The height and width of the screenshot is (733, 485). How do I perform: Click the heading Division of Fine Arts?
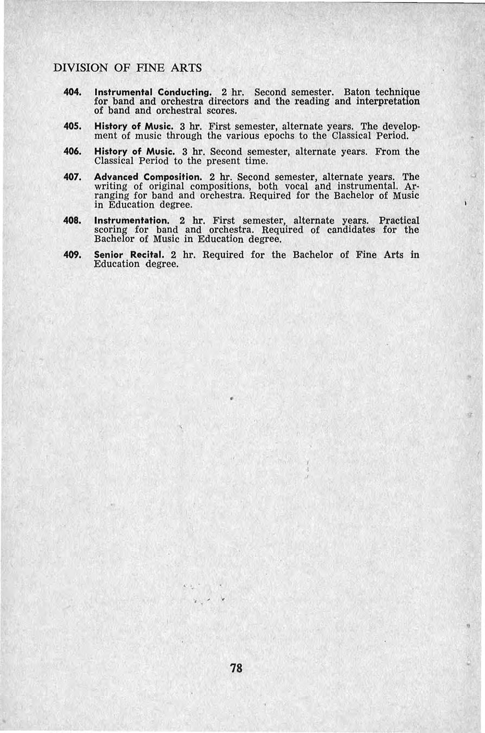click(128, 68)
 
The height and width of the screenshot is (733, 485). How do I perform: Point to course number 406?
click(73, 152)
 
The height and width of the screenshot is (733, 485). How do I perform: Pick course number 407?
click(73, 177)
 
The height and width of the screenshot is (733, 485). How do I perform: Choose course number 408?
click(73, 221)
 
